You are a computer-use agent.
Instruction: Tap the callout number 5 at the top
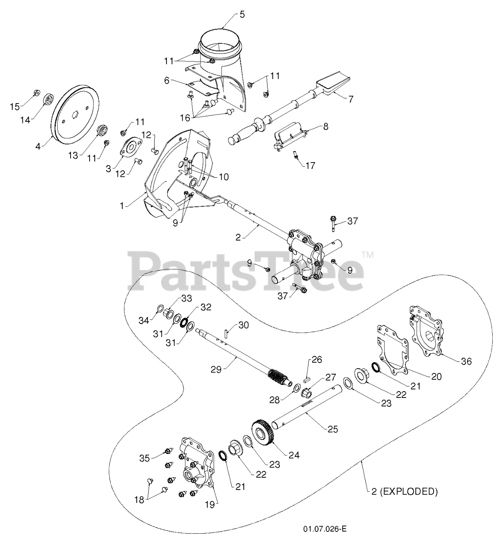click(242, 14)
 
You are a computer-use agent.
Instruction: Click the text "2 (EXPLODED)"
click(402, 492)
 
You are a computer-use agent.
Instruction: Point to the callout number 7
click(350, 99)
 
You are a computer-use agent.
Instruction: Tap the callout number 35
click(145, 458)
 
